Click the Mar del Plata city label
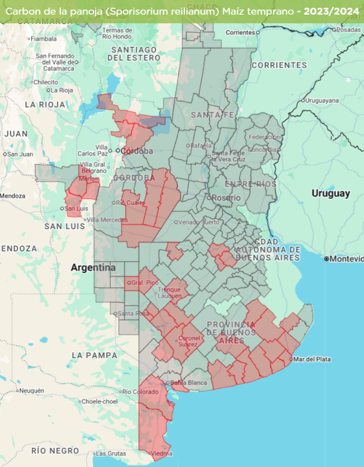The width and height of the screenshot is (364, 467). pos(312,359)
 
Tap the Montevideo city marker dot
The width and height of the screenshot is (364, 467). pos(326,259)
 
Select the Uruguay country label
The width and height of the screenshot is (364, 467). pos(331,193)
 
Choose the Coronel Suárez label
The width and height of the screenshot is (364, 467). pos(189,341)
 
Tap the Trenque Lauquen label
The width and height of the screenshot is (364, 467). pos(169,292)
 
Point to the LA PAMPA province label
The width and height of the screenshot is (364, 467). pos(94,355)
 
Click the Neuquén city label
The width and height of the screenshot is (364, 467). pos(32,391)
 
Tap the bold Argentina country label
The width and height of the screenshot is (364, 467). pos(93,267)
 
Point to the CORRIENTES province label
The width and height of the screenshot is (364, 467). pos(279,65)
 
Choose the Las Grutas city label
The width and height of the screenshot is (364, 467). pos(111,454)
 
